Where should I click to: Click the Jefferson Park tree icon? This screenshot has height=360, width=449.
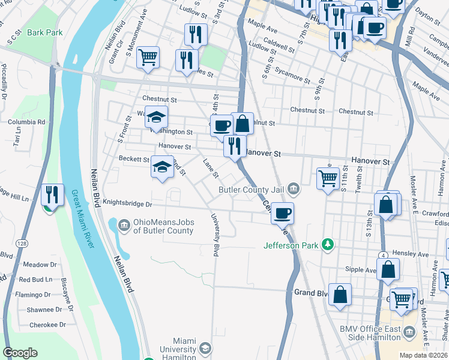(328, 245)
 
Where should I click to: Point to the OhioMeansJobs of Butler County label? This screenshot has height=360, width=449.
(163, 226)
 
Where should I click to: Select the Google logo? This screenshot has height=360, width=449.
(20, 353)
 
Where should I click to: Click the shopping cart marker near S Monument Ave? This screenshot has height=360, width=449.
(148, 58)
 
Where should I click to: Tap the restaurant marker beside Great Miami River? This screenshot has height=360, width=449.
(52, 194)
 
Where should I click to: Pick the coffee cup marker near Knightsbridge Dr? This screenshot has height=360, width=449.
(282, 212)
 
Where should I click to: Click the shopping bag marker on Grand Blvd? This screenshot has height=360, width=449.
(340, 295)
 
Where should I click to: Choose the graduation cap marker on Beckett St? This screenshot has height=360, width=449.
(162, 167)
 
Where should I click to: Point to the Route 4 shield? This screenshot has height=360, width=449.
(382, 255)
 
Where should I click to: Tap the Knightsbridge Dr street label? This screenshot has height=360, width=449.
(127, 204)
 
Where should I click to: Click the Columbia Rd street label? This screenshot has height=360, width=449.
(26, 122)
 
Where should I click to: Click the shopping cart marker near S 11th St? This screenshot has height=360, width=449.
(328, 177)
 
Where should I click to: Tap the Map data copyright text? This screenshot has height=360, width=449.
(423, 355)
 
